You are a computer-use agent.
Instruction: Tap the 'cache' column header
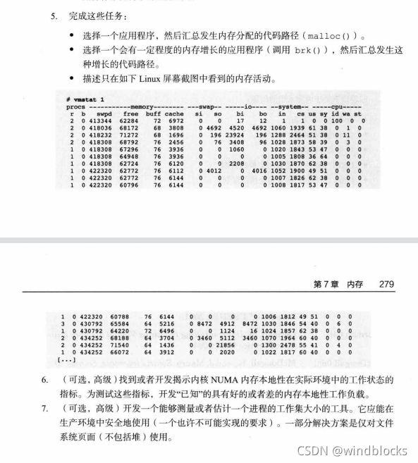pos(174,113)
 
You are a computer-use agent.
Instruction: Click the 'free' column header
pos(130,113)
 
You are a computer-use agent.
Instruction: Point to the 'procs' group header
pos(75,106)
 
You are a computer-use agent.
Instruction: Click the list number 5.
pos(53,15)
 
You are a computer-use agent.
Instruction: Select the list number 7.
pos(44,408)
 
